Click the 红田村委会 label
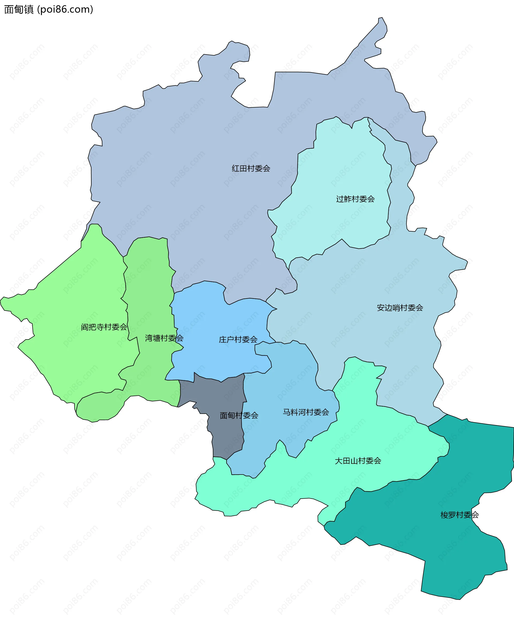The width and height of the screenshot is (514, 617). click(x=251, y=168)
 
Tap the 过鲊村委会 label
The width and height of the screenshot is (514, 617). click(x=355, y=199)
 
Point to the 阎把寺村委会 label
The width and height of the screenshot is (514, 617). click(x=104, y=327)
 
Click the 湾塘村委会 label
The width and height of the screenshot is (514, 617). click(x=164, y=338)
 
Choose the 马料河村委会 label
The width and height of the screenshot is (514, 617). click(x=306, y=412)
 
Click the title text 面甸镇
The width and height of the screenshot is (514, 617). click(x=19, y=9)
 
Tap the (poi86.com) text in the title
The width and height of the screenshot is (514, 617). click(x=65, y=9)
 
